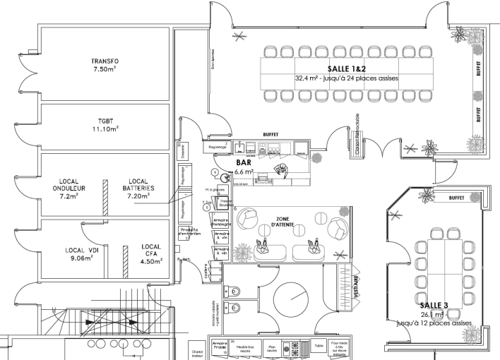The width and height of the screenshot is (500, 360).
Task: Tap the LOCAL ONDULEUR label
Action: tap(69, 188)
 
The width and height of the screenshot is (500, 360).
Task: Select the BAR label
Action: tap(243, 162)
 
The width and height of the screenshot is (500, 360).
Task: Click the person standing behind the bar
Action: tap(282, 170)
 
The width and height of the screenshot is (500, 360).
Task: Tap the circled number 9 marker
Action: tap(214, 172)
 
